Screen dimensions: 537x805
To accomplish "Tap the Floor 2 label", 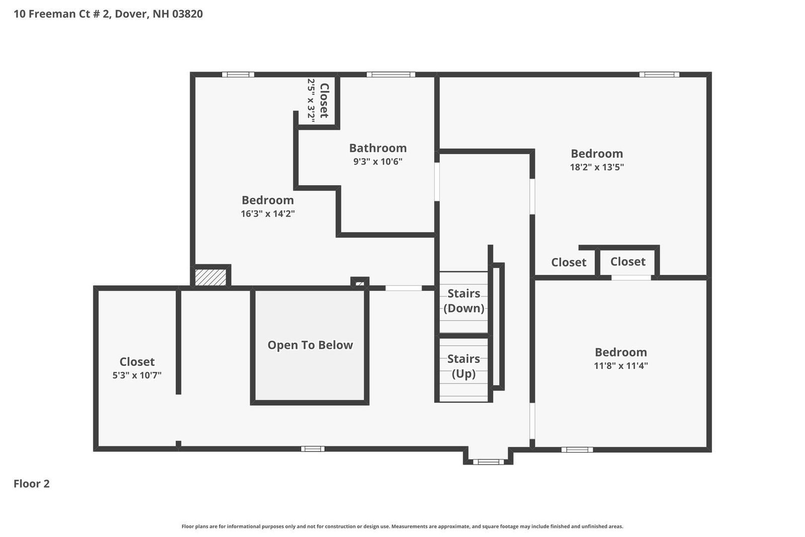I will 31,484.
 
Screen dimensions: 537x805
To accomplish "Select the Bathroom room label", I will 378,148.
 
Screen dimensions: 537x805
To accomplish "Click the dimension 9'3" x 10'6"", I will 378,162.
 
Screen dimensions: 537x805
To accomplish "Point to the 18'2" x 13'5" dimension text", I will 597,167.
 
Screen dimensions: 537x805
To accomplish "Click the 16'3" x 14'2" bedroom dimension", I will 268,213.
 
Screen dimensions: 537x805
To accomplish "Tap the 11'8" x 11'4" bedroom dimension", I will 620,366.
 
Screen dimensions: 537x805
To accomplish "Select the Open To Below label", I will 310,345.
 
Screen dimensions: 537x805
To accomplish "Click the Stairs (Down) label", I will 463,300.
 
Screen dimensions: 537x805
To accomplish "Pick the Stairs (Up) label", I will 463,366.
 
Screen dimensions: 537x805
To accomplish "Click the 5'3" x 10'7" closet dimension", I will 137,375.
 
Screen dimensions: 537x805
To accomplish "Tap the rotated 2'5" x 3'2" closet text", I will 311,99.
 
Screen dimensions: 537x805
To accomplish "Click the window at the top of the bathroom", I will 391,74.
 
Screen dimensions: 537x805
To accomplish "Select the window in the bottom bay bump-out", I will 488,462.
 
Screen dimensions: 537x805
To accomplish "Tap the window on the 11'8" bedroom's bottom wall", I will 577,449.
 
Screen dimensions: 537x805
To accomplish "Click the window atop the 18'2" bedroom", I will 659,74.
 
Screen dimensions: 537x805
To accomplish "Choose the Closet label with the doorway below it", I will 627,262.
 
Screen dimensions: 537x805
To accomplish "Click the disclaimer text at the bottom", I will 402,526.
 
